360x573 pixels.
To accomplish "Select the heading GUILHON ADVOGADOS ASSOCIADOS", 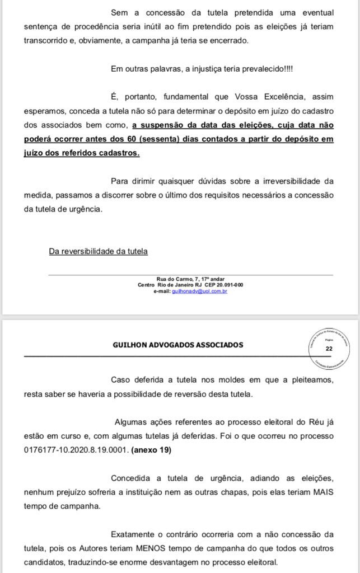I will [178, 345].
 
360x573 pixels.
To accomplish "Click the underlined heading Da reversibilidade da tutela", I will [98, 251].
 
